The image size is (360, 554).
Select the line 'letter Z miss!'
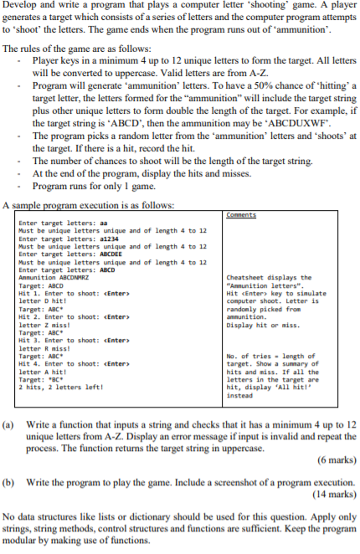coord(43,324)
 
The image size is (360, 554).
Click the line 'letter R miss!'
coord(43,347)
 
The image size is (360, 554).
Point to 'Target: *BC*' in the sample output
coord(47,378)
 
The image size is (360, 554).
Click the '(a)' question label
coord(10,424)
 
